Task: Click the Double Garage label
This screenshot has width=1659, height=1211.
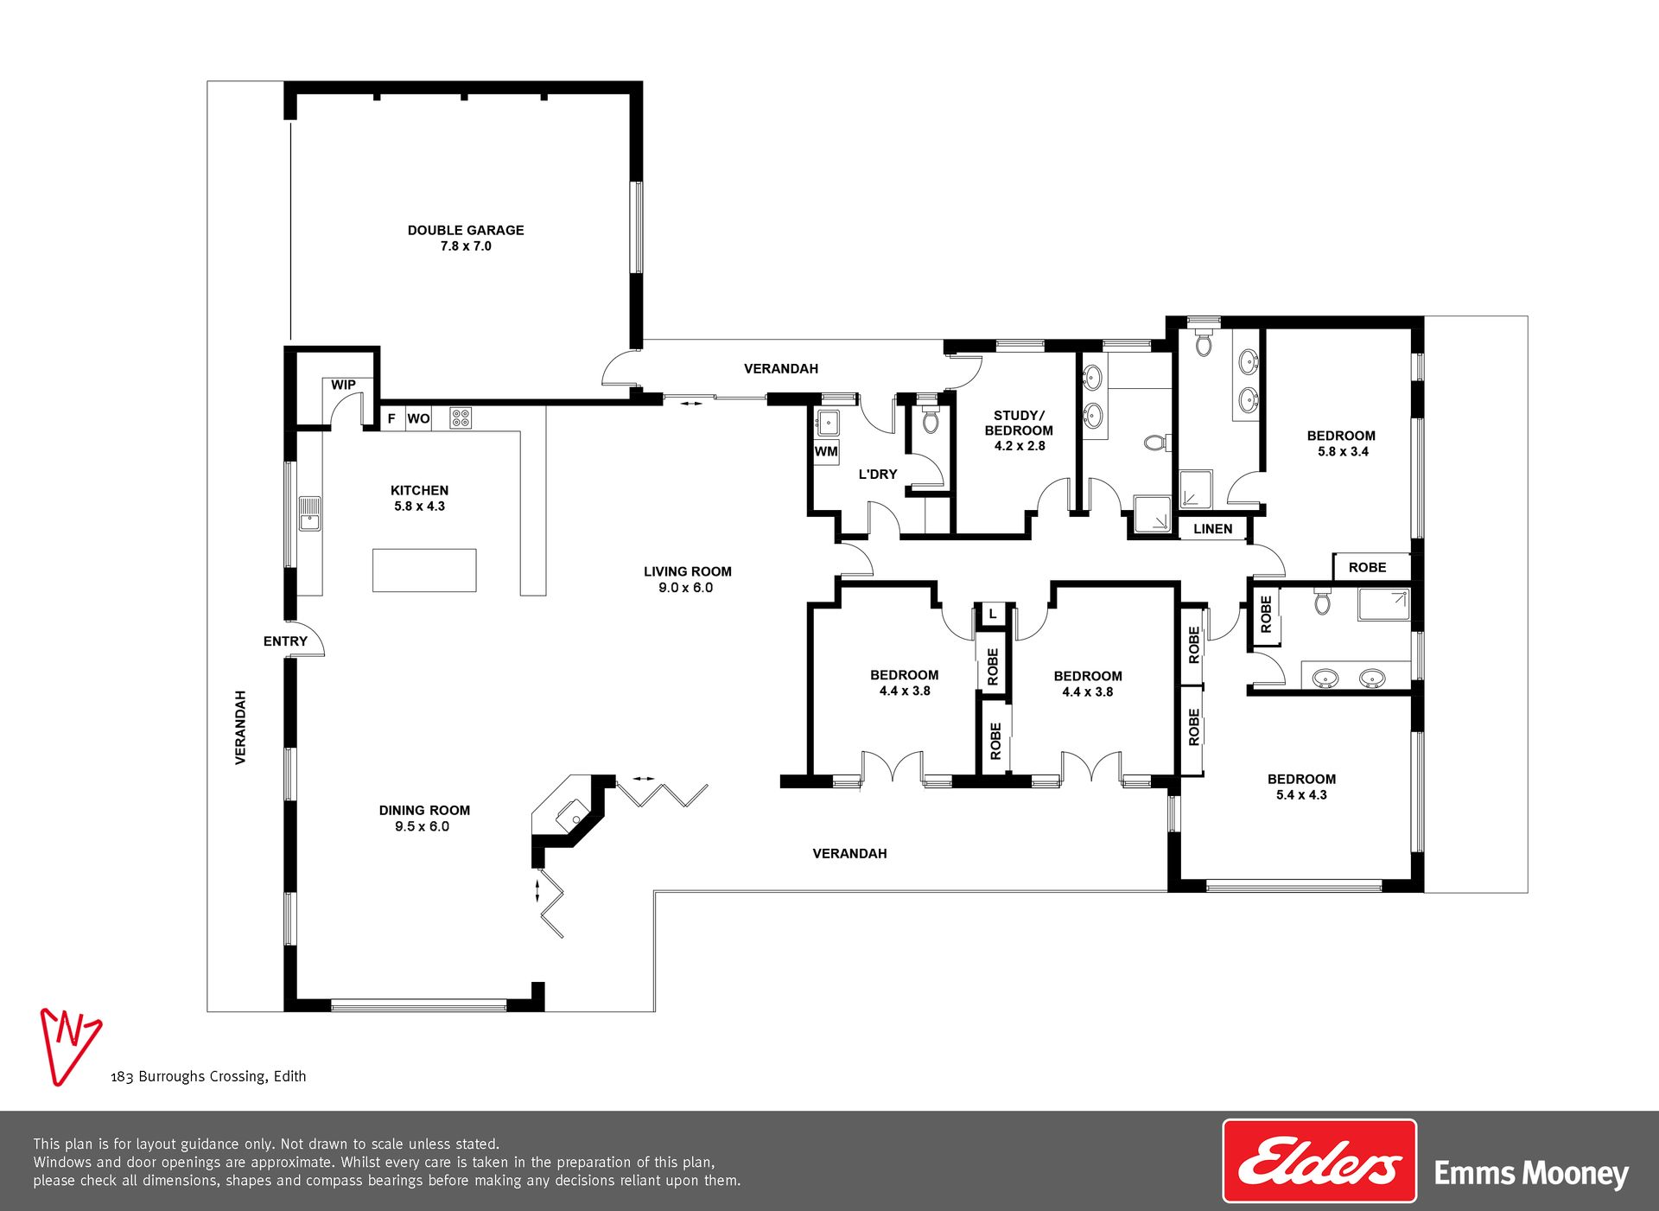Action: [466, 238]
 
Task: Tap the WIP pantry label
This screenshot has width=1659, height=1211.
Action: [343, 385]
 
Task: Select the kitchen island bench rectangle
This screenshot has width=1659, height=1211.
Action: [424, 570]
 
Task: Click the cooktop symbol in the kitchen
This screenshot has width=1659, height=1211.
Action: [461, 418]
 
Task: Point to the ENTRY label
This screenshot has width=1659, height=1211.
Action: [285, 641]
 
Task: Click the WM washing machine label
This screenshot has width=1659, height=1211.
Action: [826, 451]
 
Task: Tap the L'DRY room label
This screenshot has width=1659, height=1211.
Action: [878, 475]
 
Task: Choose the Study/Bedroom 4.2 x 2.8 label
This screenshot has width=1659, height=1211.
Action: [1019, 430]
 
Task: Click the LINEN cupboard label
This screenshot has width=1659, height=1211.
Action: [1213, 529]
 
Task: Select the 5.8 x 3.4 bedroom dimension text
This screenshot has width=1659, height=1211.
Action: [1343, 451]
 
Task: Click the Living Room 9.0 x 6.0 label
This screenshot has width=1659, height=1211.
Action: [687, 579]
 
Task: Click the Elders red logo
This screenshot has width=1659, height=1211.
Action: [1319, 1161]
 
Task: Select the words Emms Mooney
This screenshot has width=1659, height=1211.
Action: [1531, 1174]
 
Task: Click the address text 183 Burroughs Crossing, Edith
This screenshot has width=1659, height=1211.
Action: [208, 1076]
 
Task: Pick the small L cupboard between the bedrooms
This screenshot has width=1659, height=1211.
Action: [993, 614]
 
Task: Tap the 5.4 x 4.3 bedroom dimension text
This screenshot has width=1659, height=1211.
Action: [1301, 795]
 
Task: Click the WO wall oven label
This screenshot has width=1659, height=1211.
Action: [418, 418]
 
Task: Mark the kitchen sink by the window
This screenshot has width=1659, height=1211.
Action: [309, 513]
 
